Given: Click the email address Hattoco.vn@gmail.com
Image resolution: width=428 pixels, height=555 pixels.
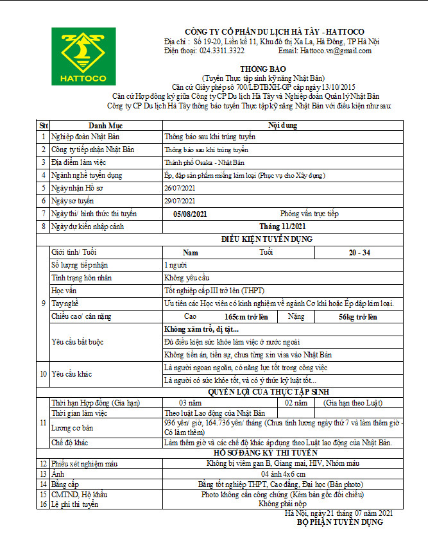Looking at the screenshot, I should point(336,51).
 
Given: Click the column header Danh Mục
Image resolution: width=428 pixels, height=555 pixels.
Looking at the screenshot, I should point(105,124).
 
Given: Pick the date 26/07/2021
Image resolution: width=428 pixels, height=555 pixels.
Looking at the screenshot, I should point(179,188).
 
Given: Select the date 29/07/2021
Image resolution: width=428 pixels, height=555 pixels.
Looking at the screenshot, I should point(179,201).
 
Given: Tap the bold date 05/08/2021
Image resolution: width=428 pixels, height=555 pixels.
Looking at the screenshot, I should point(190,214).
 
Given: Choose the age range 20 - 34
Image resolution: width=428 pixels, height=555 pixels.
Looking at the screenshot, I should point(359,252).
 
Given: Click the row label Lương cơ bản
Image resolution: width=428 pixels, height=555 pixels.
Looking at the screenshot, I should point(73,427).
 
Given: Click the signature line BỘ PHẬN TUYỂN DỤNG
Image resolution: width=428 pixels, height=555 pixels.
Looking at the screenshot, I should point(339,522).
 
